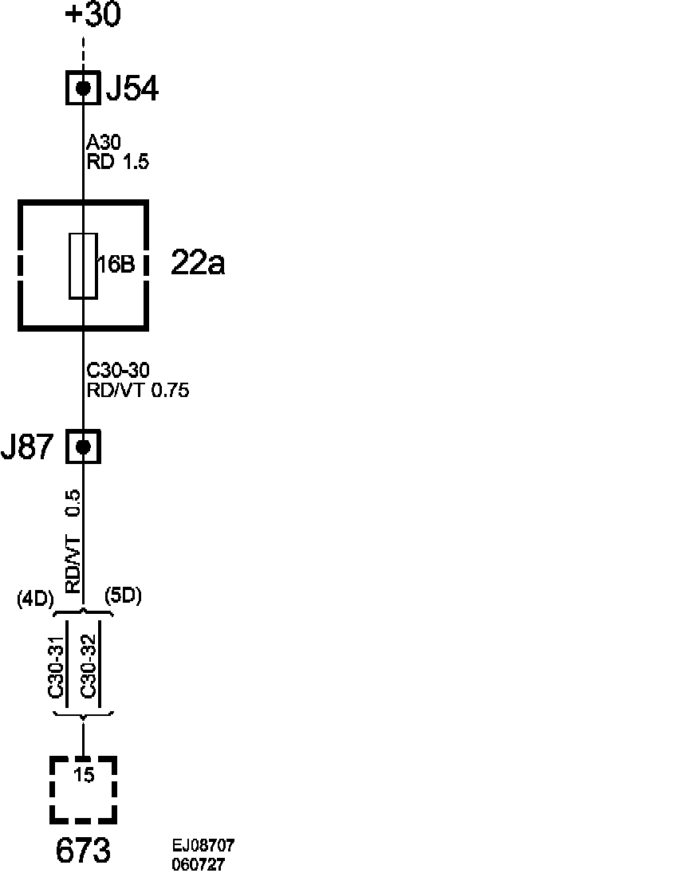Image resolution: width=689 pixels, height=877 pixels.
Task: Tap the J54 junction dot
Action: point(83,88)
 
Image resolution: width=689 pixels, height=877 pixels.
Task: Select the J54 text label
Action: point(132,89)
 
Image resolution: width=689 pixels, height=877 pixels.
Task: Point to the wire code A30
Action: point(104,144)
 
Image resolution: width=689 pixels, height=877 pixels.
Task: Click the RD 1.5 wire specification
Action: point(118,162)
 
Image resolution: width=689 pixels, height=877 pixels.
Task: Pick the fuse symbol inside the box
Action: point(83,265)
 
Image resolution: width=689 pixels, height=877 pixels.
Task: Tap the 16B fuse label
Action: point(116,265)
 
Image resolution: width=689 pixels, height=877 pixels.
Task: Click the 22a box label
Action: point(198,263)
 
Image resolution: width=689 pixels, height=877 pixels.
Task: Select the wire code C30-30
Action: point(118,371)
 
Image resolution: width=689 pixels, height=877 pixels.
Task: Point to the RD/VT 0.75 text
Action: point(137,390)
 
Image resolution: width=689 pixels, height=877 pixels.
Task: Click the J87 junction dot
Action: point(83,446)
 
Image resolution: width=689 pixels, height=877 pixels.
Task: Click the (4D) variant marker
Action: point(35,600)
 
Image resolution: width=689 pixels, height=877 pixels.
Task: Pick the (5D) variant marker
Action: point(123,596)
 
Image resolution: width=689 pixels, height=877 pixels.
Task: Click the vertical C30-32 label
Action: point(89,667)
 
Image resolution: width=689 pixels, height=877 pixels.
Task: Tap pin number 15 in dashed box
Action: point(83,774)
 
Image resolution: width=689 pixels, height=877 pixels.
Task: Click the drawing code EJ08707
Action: point(203,846)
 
